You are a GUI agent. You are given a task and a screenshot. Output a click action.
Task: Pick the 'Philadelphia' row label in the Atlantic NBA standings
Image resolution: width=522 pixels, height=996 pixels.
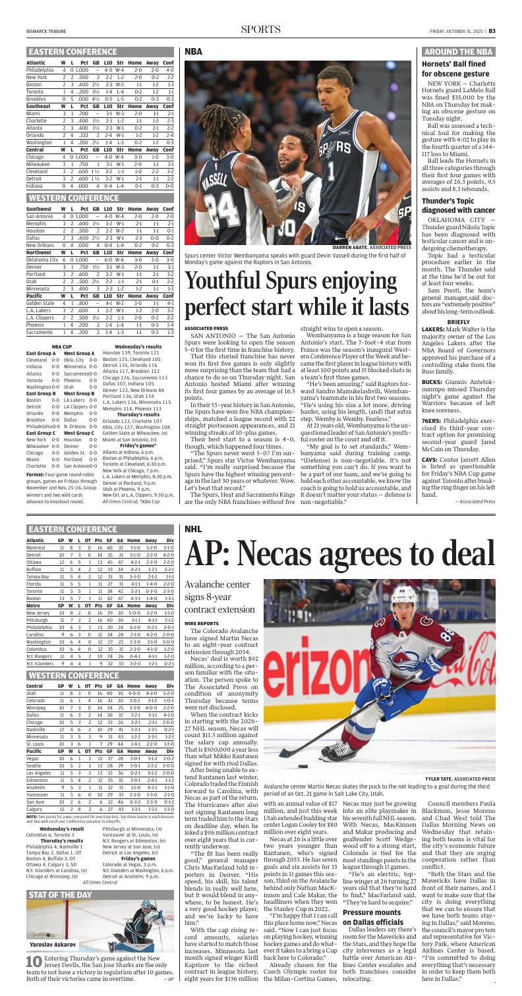45,69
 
